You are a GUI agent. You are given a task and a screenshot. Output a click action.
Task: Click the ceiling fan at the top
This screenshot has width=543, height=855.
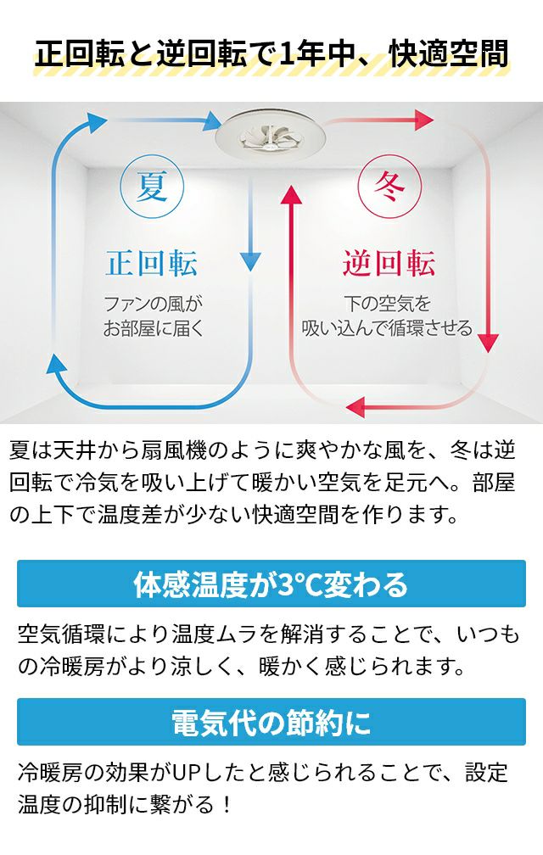pyautogui.click(x=271, y=135)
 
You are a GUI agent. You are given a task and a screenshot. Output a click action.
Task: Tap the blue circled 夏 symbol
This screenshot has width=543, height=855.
pyautogui.click(x=152, y=187)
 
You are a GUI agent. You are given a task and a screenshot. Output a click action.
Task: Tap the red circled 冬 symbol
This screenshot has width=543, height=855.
pyautogui.click(x=390, y=187)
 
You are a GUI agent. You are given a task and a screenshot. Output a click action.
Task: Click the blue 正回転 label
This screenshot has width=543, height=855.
pyautogui.click(x=152, y=263)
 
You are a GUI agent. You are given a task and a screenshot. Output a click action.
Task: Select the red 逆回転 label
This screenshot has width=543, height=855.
pyautogui.click(x=389, y=263)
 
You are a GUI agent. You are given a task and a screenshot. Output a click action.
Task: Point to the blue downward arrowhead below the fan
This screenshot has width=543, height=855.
pyautogui.click(x=250, y=261)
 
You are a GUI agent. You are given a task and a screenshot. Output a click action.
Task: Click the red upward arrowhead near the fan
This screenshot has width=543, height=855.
pyautogui.click(x=292, y=195)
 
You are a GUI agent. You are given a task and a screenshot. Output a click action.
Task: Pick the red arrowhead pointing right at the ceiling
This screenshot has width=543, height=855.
pyautogui.click(x=423, y=120)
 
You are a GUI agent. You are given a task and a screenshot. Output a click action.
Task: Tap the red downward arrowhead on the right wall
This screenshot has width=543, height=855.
pyautogui.click(x=488, y=343)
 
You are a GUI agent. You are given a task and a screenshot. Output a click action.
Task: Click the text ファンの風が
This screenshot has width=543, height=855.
pyautogui.click(x=154, y=303)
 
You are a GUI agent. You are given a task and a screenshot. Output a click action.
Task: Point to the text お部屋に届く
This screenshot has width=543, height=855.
pyautogui.click(x=154, y=328)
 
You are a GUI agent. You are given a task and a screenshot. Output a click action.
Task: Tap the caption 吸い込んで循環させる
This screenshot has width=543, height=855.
pyautogui.click(x=387, y=328)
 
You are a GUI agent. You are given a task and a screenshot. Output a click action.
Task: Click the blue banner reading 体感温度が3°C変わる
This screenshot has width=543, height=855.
pyautogui.click(x=271, y=584)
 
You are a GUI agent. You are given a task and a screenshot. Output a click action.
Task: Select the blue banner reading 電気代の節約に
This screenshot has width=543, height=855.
pyautogui.click(x=271, y=722)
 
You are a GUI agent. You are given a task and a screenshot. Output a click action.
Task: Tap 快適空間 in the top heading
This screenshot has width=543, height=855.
pyautogui.click(x=449, y=53)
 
